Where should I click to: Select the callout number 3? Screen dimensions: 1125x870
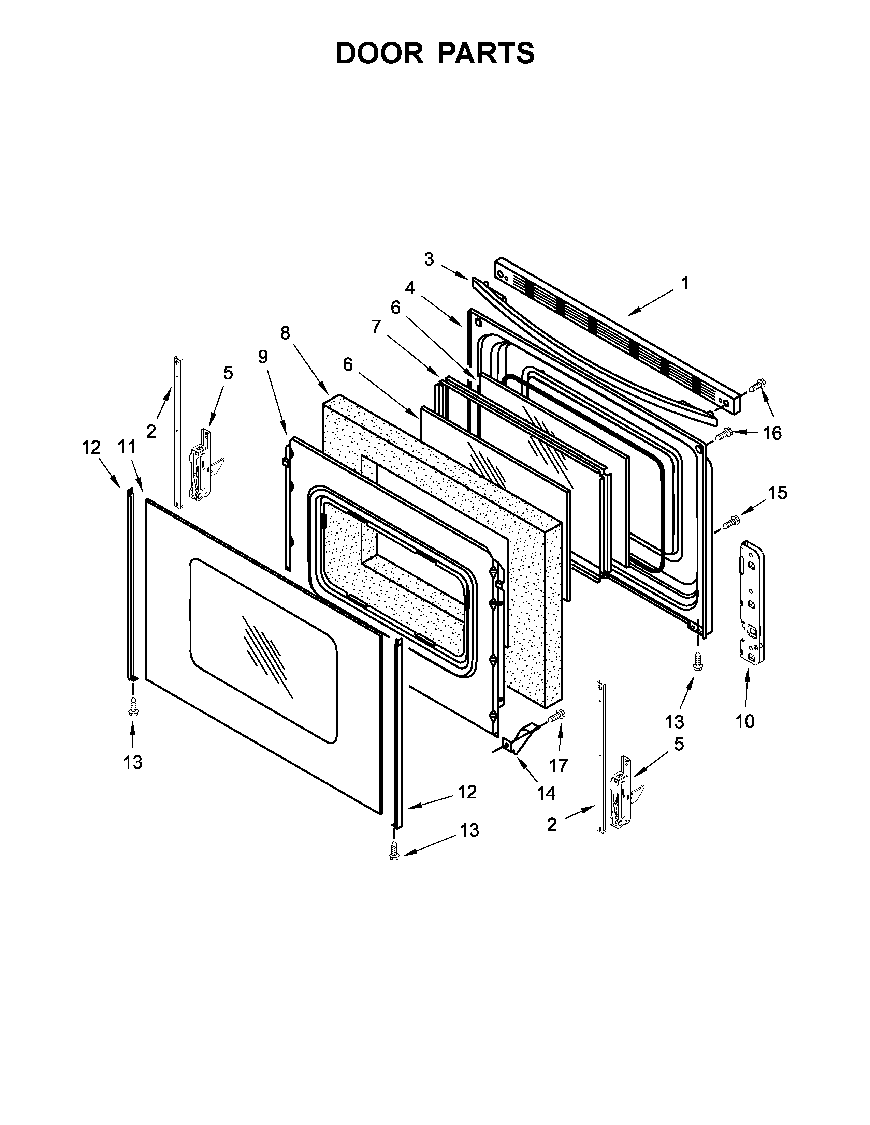pyautogui.click(x=429, y=259)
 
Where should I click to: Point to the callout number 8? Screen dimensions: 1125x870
pyautogui.click(x=285, y=333)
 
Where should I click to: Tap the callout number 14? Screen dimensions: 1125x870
pyautogui.click(x=546, y=794)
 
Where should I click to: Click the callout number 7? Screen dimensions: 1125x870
pyautogui.click(x=376, y=327)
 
